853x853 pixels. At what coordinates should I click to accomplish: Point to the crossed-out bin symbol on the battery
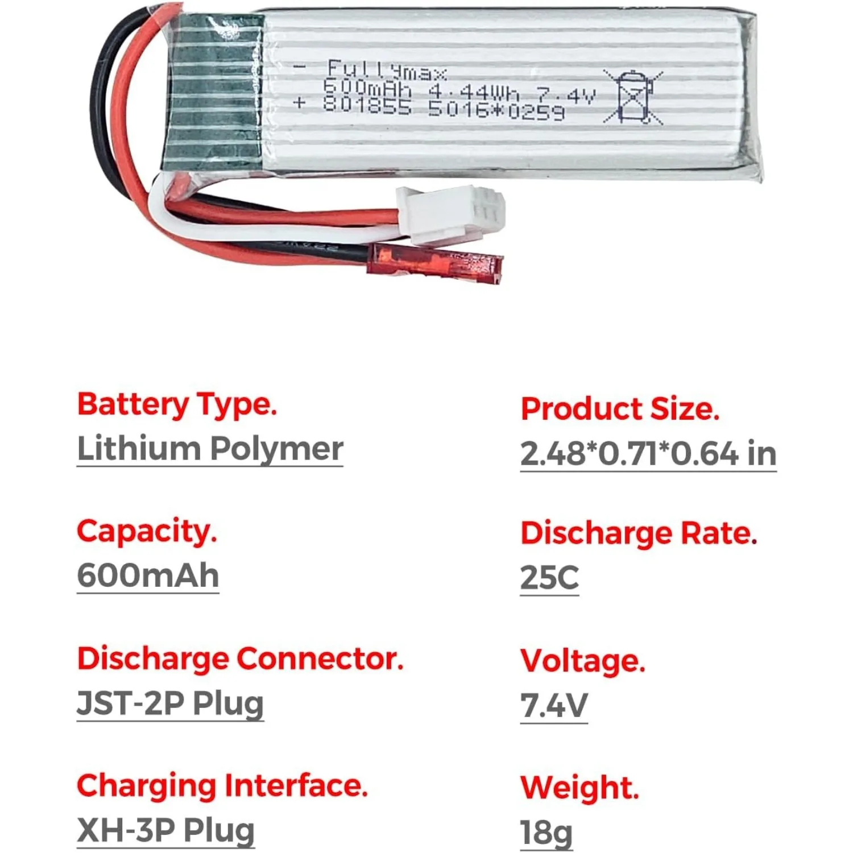tap(632, 97)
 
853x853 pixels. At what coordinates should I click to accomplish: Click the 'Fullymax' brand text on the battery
tap(387, 71)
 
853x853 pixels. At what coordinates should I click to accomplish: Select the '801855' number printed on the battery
tap(367, 105)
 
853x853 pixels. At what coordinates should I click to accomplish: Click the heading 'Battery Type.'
tap(177, 405)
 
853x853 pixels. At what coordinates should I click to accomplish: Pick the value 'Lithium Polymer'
tap(210, 449)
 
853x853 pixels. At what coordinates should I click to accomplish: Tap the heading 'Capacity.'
tap(147, 532)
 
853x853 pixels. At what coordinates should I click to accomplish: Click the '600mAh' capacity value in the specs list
tap(148, 575)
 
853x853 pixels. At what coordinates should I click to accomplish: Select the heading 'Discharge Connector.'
tap(240, 659)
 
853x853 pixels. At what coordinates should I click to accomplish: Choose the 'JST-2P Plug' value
tap(170, 703)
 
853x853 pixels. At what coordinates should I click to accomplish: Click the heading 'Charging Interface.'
tap(222, 786)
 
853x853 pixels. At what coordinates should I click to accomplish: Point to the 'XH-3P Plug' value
tap(165, 830)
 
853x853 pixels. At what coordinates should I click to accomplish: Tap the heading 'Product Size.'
tap(620, 409)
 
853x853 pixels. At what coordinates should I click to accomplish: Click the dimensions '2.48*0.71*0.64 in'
tap(648, 454)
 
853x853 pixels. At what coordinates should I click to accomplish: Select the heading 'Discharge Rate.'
tap(639, 534)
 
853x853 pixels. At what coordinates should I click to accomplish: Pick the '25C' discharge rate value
tap(549, 578)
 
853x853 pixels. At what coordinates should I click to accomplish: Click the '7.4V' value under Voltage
tap(554, 706)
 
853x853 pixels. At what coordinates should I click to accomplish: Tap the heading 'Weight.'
tap(579, 788)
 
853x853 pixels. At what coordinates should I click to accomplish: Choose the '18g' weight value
tap(546, 833)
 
